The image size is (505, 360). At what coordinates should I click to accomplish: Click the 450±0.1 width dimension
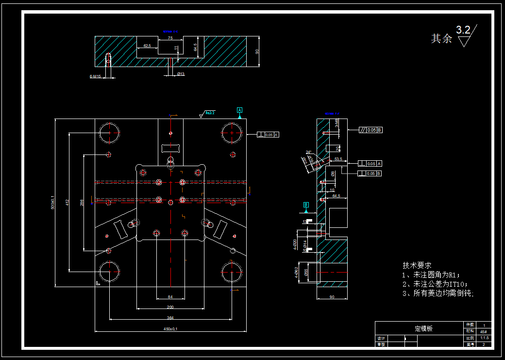[170, 329]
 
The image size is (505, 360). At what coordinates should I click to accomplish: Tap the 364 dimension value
[170, 318]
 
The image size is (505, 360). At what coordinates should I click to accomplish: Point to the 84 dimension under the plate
[170, 296]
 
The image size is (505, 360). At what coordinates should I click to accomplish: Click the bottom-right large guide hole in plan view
[232, 273]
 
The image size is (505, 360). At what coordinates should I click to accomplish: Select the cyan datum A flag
[239, 110]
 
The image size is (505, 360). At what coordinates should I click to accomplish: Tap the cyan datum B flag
[306, 205]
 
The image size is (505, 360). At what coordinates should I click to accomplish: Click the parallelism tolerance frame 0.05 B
[370, 130]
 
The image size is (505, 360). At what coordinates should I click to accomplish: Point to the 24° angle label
[308, 152]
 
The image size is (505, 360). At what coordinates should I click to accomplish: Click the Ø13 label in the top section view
[181, 74]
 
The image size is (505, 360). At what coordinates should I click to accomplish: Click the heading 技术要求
[417, 265]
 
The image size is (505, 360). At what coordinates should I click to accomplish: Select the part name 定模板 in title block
[423, 328]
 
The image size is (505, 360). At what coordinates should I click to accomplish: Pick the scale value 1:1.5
[484, 338]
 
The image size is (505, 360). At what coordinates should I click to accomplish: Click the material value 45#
[484, 331]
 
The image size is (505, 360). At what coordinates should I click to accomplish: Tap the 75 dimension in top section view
[170, 38]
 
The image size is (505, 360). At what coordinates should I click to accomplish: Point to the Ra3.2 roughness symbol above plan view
[208, 113]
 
